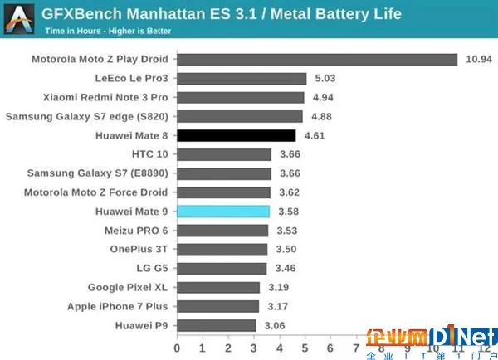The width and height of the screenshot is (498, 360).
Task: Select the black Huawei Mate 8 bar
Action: coord(237,135)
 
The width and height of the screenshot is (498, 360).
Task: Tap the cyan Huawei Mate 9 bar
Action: coord(223,212)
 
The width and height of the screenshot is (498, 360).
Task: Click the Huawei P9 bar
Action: coord(217,325)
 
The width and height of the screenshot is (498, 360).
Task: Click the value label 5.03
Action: coord(326,79)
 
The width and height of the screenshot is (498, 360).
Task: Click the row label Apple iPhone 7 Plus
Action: coord(118,307)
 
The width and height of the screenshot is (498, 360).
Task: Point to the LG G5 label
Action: coord(150,269)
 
